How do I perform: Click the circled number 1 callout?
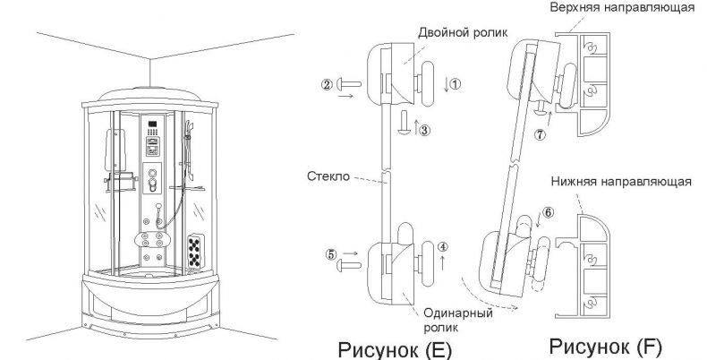point(456,84)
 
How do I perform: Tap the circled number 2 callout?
point(328,84)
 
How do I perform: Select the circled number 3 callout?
point(425,131)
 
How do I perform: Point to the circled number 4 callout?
point(443,247)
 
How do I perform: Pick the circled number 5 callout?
point(331,254)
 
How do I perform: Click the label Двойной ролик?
point(456,32)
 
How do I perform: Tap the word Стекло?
point(328,176)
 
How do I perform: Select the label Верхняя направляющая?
point(622,8)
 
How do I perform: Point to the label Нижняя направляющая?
point(621,182)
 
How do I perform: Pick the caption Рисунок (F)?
point(606,347)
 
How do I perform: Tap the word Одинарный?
point(457,313)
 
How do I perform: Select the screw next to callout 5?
point(349,265)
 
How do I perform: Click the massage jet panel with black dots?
point(195,252)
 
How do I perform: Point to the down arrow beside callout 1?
point(447,84)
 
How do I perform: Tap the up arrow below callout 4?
point(443,262)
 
